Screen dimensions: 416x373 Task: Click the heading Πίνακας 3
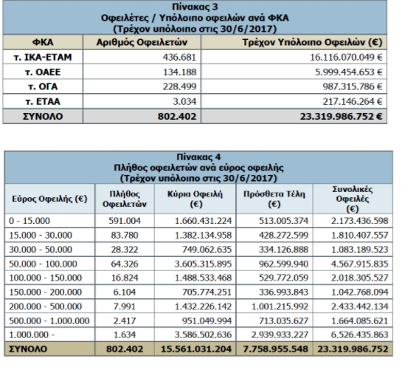195,7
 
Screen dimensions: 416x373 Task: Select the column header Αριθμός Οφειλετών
142,42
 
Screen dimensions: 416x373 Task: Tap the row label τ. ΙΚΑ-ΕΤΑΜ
43,57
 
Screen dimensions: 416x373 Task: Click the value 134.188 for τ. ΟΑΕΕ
179,72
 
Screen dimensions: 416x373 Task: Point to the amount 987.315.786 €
353,86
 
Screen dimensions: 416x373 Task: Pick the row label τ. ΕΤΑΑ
43,101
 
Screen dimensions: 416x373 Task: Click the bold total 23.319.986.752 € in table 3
342,117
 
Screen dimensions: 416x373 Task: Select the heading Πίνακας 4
198,157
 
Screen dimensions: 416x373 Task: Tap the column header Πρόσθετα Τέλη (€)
274,199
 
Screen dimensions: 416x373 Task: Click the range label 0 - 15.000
30,221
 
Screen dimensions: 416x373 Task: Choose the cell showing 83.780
125,235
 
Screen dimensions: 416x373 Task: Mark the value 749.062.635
207,250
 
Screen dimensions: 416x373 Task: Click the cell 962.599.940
283,264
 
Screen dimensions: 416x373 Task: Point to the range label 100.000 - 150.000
46,278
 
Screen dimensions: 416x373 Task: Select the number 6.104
125,292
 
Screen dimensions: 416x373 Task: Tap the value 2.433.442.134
359,307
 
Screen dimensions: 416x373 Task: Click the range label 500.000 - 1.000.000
49,321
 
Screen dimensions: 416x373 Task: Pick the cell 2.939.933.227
280,335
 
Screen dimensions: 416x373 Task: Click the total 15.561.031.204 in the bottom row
196,349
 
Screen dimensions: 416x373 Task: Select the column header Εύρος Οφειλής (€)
49,199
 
